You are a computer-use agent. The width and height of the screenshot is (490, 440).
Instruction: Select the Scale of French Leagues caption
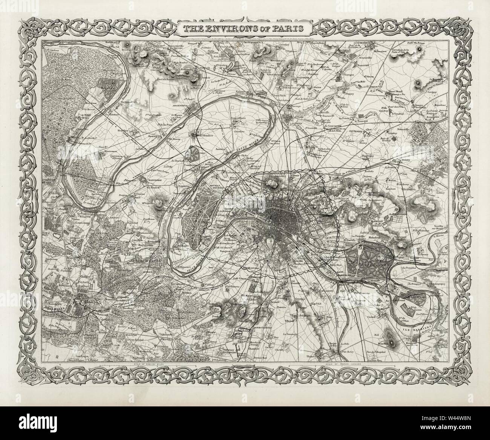click(x=342, y=364)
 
